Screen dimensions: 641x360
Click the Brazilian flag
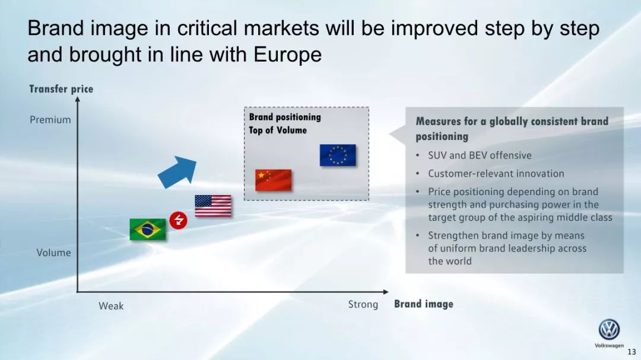pos(148,230)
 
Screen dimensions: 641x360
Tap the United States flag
pos(213,206)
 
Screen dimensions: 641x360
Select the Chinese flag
pos(274,180)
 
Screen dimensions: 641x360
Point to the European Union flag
pos(338,155)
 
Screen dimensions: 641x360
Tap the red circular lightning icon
pos(178,220)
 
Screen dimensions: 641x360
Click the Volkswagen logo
pos(609,329)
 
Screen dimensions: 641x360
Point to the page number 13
pos(632,352)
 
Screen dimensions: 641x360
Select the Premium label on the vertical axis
pos(50,120)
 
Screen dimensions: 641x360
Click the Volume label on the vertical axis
pos(53,253)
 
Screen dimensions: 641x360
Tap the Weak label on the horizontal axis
pos(111,305)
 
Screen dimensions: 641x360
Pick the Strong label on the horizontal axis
pos(363,304)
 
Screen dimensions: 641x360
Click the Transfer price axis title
pos(61,89)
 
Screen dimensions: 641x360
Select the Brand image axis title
pos(424,304)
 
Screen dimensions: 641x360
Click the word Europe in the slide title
pos(287,55)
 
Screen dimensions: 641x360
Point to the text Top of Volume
pos(278,130)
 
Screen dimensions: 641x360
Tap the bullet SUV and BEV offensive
pos(480,155)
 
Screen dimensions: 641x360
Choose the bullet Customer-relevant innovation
pos(496,174)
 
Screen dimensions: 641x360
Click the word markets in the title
pos(281,28)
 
